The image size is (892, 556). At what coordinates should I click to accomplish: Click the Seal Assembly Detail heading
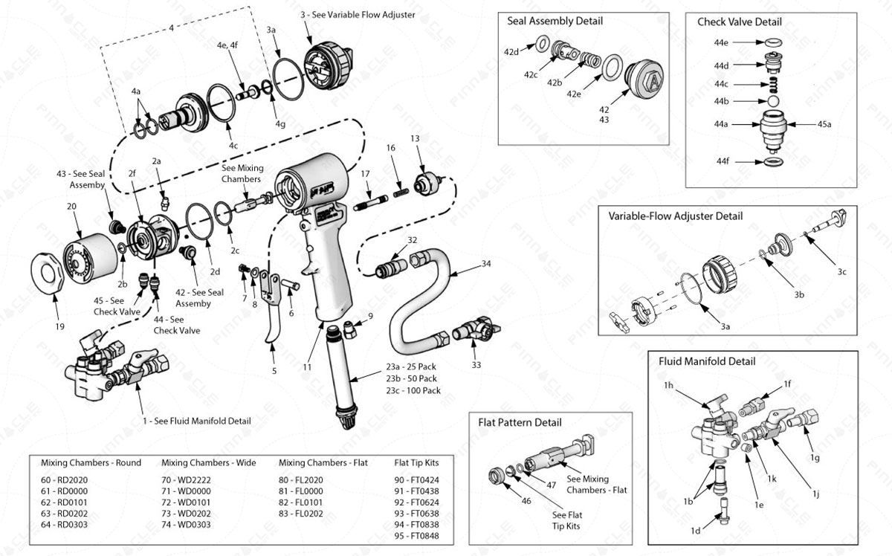[x=555, y=21]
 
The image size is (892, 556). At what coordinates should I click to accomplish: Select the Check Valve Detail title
[x=739, y=22]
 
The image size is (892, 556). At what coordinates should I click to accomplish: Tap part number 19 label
[x=60, y=326]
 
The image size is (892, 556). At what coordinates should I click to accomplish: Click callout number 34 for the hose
[x=486, y=264]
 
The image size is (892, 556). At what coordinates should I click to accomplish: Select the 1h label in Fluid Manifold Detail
[x=669, y=385]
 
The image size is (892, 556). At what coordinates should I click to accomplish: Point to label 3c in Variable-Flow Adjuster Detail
[x=841, y=272]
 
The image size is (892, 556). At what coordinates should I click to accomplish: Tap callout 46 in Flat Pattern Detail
[x=526, y=501]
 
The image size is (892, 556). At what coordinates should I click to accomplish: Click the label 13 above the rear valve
[x=415, y=139]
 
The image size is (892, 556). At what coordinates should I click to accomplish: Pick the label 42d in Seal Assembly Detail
[x=511, y=52]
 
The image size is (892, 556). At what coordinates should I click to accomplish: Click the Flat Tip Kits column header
[x=416, y=462]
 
